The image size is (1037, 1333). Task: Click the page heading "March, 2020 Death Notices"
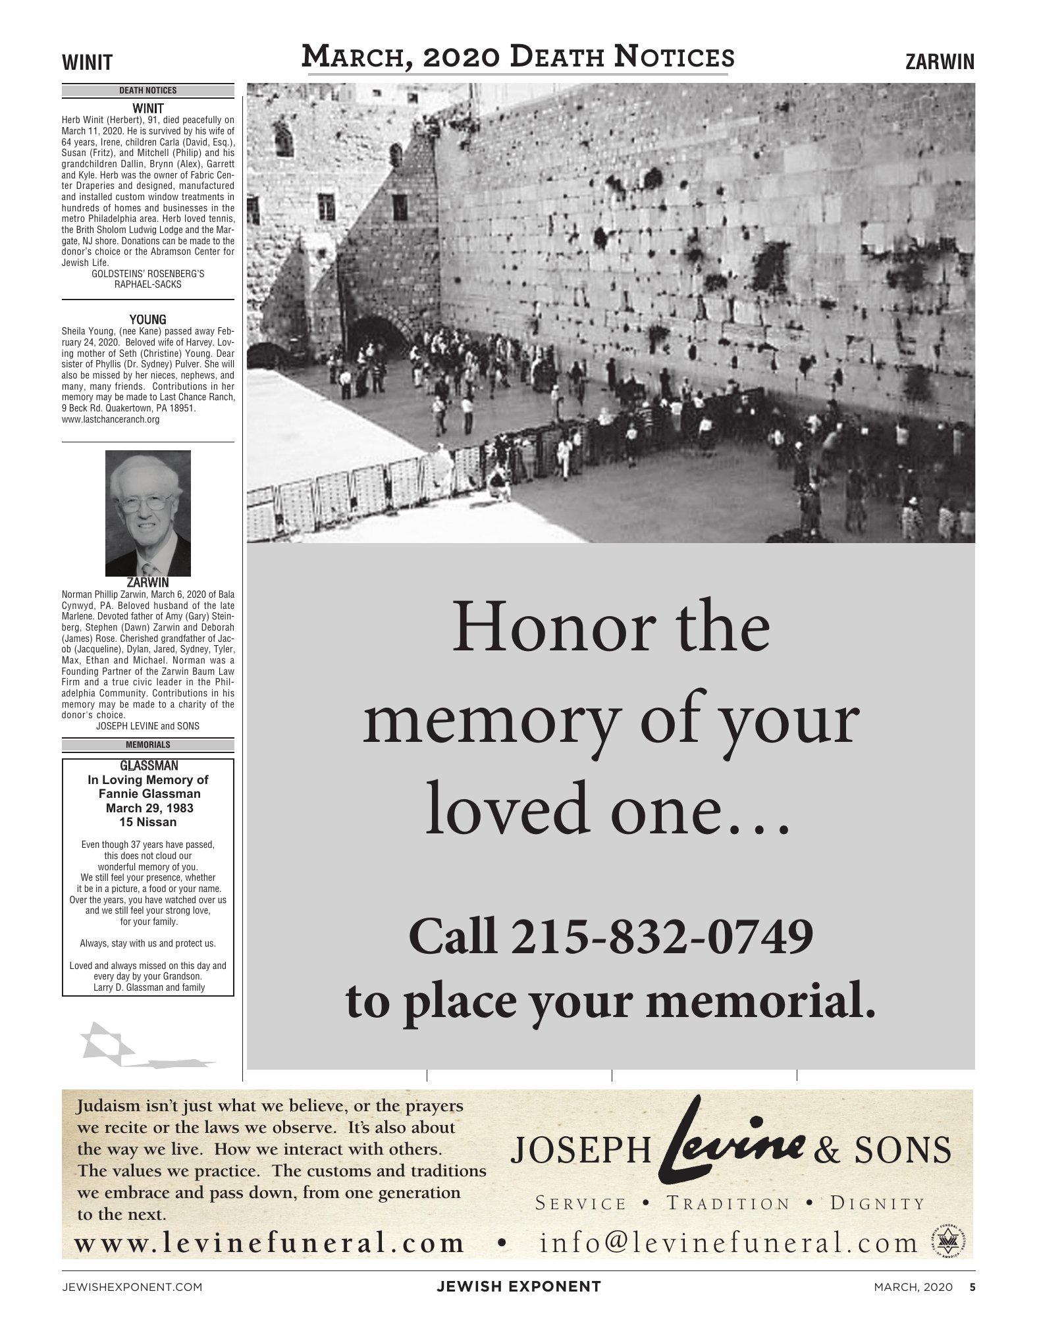coord(518,57)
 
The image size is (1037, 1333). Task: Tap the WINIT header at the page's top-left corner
coord(88,63)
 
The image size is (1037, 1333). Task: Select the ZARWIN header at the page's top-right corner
coord(940,63)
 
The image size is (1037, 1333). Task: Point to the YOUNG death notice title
coord(148,320)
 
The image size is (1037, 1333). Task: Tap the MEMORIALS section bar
coord(148,745)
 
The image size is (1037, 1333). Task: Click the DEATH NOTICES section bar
coord(148,91)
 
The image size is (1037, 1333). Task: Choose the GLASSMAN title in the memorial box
coord(148,766)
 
